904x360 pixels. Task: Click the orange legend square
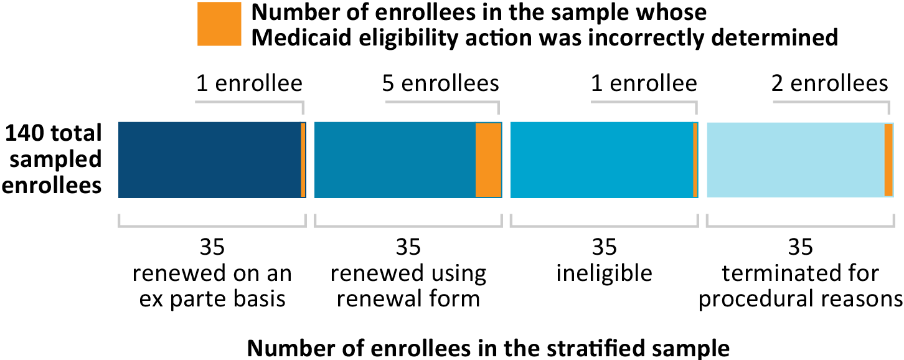219,24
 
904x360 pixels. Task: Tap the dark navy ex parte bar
209,160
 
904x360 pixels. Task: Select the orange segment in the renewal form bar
488,160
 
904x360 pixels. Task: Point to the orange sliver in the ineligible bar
695,160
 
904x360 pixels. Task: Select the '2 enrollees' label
830,83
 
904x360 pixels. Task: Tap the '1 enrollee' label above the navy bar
249,83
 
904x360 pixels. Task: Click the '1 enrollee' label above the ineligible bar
644,83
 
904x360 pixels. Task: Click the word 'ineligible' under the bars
604,273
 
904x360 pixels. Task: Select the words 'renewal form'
408,299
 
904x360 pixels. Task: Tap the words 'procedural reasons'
800,299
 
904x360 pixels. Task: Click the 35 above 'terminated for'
800,248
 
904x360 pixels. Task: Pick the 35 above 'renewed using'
408,248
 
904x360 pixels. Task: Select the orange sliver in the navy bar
303,160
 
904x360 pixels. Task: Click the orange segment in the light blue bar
888,160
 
